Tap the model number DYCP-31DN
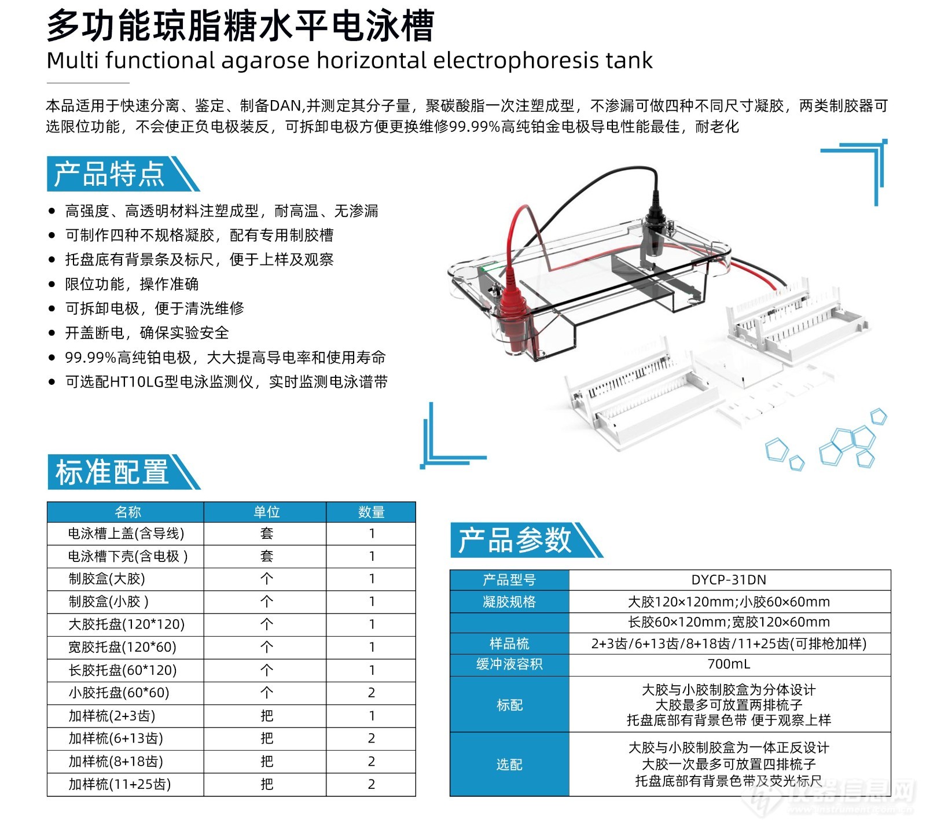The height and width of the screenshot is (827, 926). [x=729, y=580]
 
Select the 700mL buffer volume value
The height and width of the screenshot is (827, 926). [x=729, y=664]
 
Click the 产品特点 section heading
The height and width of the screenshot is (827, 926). [x=110, y=174]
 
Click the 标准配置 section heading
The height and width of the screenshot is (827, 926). [x=112, y=472]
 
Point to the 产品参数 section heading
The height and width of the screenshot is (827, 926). [x=515, y=540]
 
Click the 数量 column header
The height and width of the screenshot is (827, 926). [x=371, y=512]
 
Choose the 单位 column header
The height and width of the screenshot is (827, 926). [x=266, y=512]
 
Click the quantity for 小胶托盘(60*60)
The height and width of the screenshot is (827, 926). [x=372, y=693]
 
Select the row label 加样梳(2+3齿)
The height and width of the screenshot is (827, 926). [x=112, y=716]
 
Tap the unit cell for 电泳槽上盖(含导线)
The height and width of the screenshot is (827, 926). [x=266, y=534]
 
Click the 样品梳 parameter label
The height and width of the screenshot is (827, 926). [x=509, y=644]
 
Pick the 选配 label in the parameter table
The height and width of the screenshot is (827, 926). [x=509, y=764]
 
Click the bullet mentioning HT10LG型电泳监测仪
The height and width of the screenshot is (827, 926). [x=226, y=382]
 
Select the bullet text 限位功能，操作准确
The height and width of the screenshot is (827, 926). [x=132, y=284]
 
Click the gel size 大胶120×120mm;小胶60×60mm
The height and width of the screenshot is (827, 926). [x=729, y=602]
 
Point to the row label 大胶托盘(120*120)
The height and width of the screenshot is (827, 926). [x=126, y=624]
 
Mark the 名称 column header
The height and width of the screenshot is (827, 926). [x=128, y=512]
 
